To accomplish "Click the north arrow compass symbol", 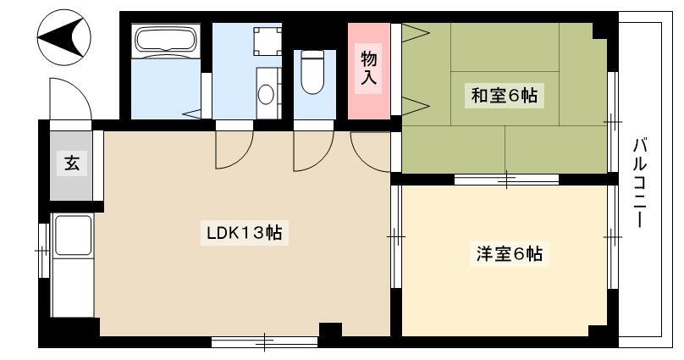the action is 64,37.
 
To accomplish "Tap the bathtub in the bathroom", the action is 166,40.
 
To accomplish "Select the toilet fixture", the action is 312,72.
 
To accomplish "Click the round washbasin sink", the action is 266,94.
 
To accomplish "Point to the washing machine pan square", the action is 267,42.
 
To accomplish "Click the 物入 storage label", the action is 368,68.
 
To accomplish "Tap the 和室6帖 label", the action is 504,95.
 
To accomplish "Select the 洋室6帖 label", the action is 509,253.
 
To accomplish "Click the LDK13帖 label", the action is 245,233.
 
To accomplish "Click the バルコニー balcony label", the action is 639,182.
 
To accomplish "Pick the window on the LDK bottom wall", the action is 264,341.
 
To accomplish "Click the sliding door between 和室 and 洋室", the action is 506,179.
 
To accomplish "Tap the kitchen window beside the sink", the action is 43,251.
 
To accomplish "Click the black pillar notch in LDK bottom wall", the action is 331,330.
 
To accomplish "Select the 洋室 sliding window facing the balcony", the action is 613,237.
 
